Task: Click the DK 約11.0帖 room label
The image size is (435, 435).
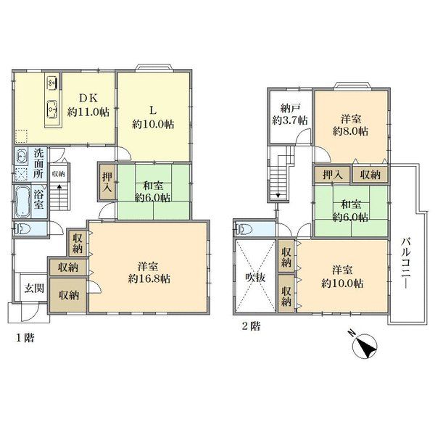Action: coord(88,105)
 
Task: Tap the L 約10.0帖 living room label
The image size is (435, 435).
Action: coord(153,117)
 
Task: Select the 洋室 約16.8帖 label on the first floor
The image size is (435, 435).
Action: coord(149,273)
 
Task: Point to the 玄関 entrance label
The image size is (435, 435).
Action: coord(34,289)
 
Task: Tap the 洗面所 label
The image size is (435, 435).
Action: coord(38,163)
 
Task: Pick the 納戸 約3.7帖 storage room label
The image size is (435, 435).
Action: coord(290,114)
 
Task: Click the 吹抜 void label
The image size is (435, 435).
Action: coord(255,277)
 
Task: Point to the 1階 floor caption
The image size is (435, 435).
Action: coord(25,338)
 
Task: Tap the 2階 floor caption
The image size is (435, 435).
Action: coord(251,326)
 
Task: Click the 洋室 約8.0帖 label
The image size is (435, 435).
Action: coord(351,125)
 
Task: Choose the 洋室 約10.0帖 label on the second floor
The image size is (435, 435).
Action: coord(342,277)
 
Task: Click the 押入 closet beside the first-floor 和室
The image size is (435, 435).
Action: coord(107,182)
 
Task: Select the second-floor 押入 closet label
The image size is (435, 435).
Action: coord(332,175)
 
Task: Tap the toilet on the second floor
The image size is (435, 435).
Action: coord(244,229)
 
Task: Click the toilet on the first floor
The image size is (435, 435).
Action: coord(22,229)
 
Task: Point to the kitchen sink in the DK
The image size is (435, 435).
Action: coord(52,109)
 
